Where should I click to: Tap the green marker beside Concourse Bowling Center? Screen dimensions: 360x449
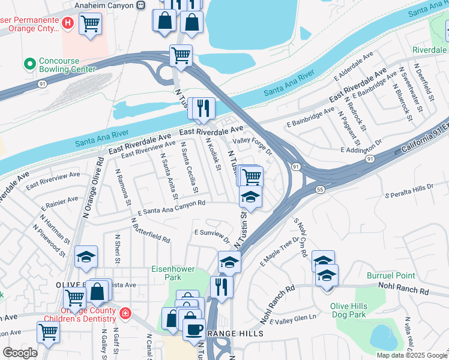tap(28, 63)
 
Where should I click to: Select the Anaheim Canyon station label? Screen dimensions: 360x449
tap(106, 5)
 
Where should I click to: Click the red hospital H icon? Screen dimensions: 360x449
tap(68, 23)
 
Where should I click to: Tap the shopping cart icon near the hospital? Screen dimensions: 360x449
tap(90, 24)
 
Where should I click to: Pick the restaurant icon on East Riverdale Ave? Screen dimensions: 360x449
tap(205, 107)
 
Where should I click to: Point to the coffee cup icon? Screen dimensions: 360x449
tap(193, 329)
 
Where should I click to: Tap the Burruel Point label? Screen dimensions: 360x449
tap(391, 275)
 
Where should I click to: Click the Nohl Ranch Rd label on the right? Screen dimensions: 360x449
tap(408, 291)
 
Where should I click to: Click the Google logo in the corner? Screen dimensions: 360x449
tap(20, 353)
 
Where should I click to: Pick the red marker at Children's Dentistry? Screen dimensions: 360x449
tap(125, 313)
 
